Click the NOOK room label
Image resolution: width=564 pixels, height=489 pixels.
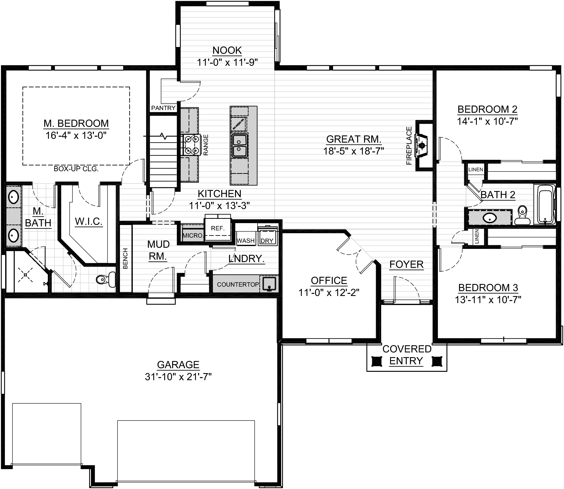(227, 50)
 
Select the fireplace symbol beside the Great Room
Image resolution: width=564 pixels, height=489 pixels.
(422, 146)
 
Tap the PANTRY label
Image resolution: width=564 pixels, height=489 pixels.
(163, 108)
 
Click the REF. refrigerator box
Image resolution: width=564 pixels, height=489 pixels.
(218, 228)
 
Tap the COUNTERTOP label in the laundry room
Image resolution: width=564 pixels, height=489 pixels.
(237, 285)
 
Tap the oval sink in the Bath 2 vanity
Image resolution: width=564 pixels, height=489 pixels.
(490, 218)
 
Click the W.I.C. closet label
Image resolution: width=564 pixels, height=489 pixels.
(89, 222)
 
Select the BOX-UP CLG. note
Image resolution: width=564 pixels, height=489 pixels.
(76, 169)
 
